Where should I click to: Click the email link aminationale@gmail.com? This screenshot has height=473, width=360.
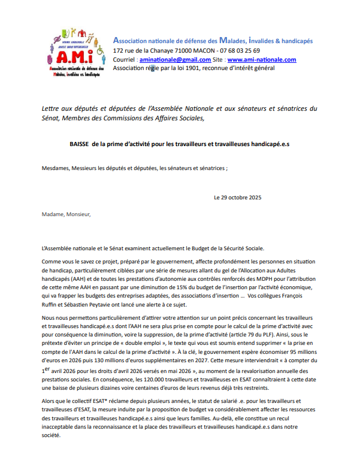point(175,60)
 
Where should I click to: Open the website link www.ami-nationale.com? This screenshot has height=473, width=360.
point(262,60)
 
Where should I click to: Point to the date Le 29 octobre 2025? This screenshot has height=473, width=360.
point(237,197)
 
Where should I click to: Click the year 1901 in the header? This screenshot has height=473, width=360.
point(187,68)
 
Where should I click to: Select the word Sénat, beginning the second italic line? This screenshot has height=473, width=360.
point(52,118)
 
